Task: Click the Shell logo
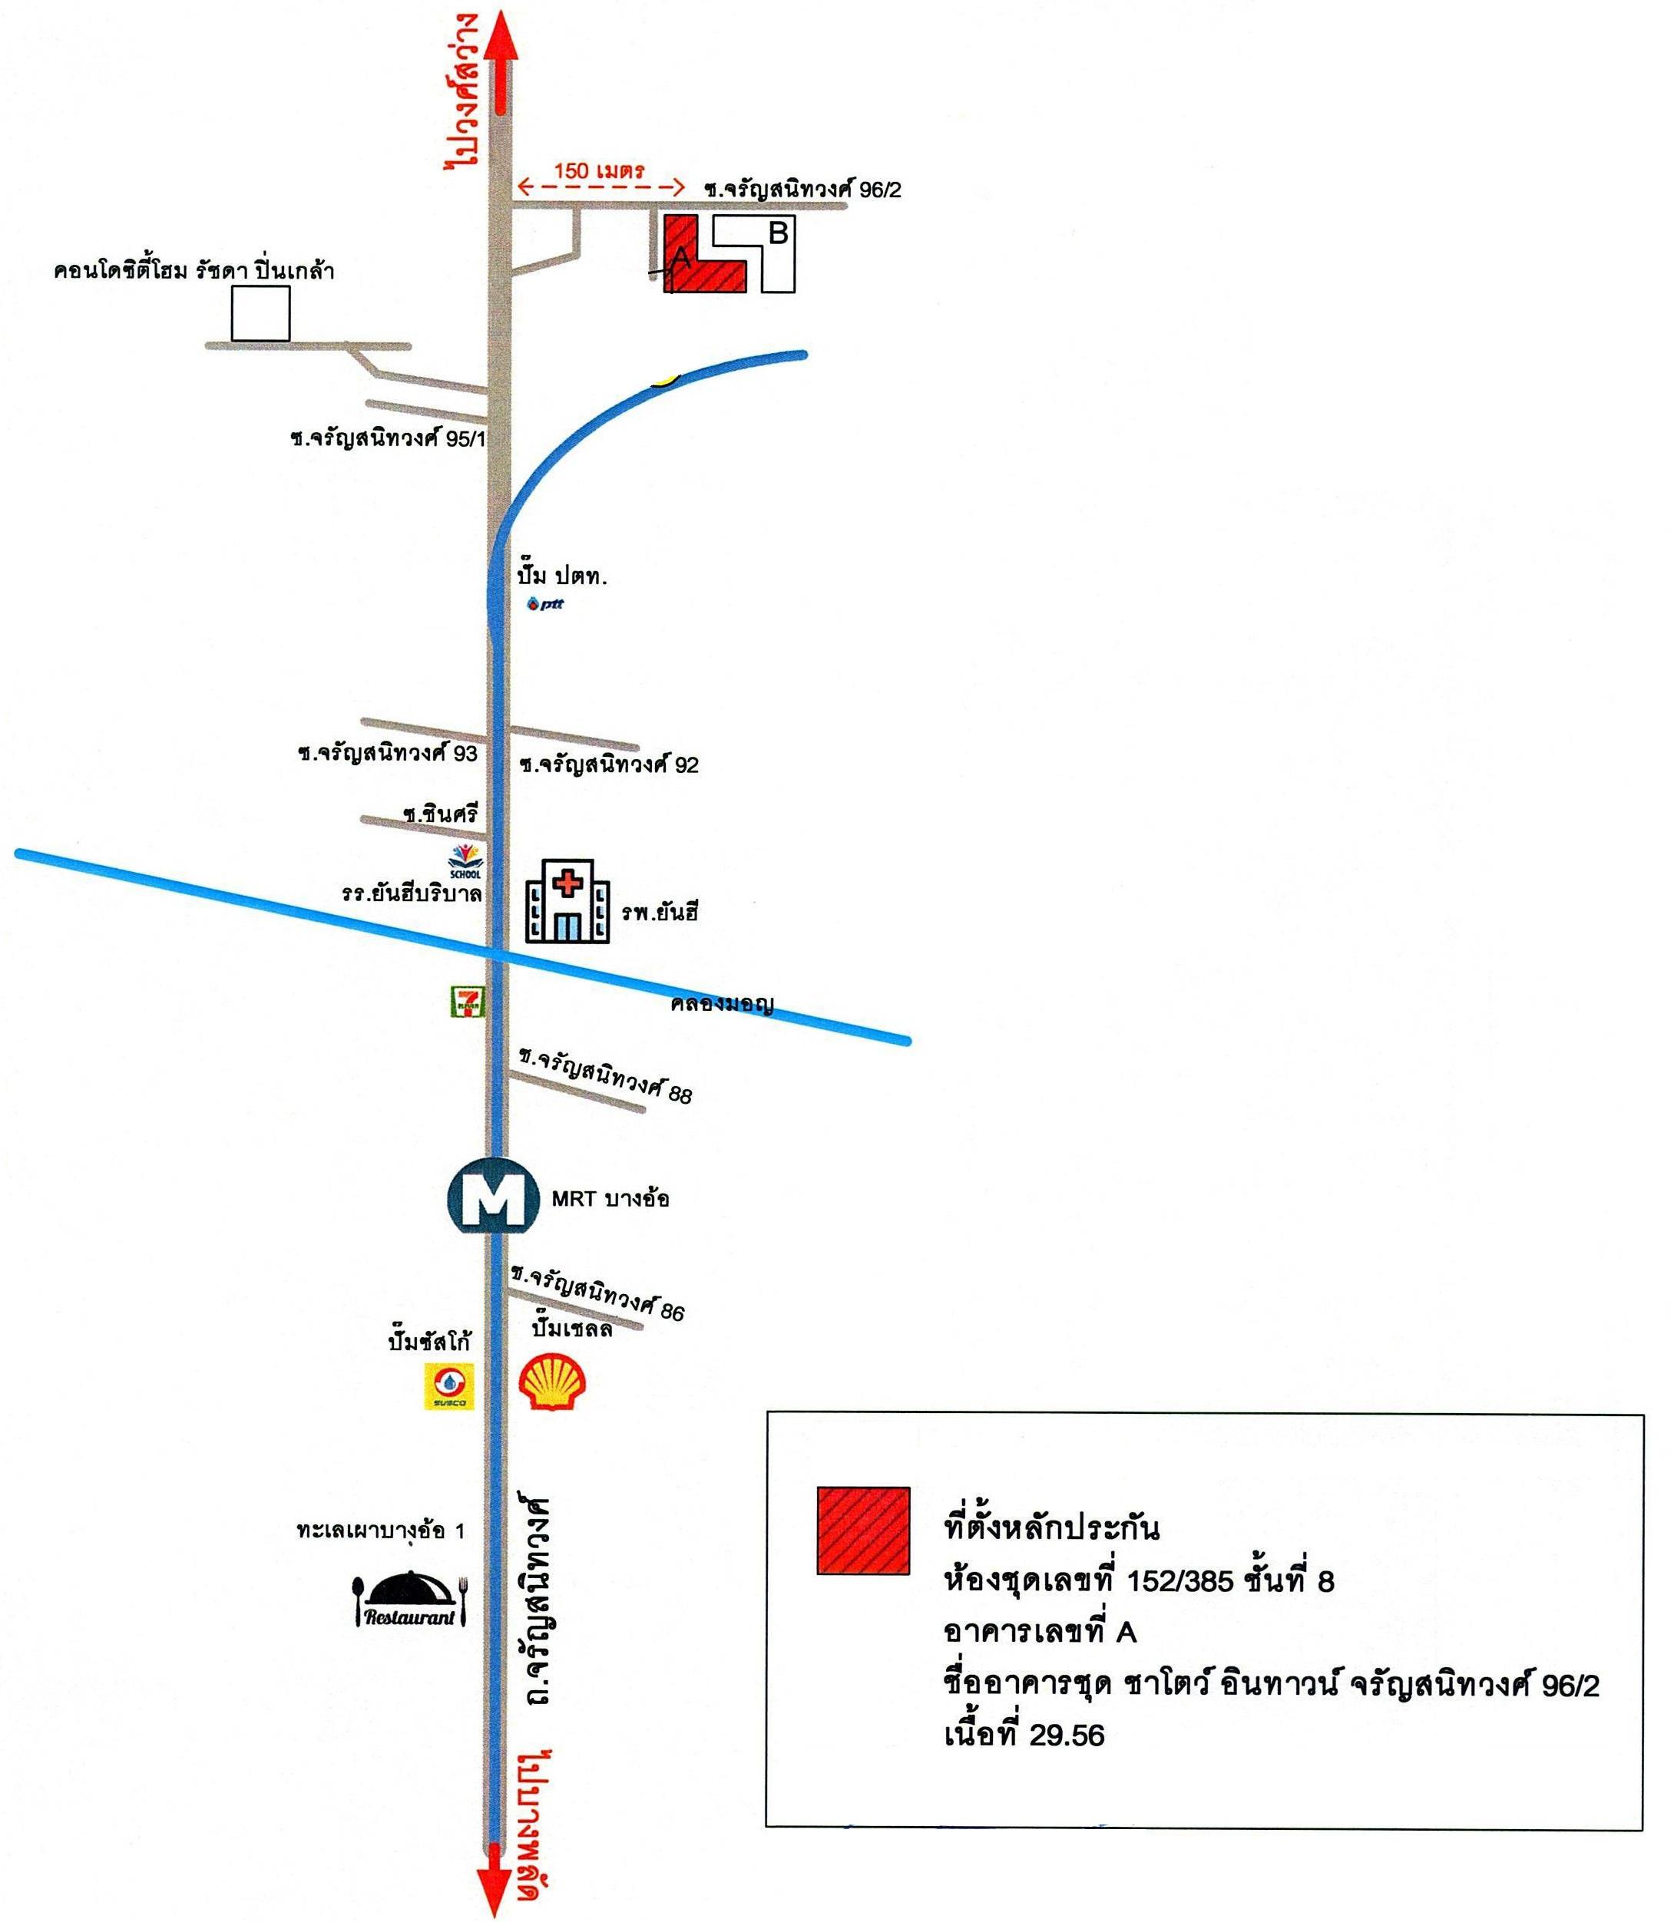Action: (553, 1382)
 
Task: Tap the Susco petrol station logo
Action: (450, 1386)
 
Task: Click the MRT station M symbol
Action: (493, 1198)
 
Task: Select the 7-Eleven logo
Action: (468, 1000)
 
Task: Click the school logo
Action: (465, 860)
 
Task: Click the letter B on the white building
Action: (778, 233)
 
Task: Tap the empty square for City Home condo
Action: (260, 314)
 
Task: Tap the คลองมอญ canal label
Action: (722, 1005)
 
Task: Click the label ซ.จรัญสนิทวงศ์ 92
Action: (609, 765)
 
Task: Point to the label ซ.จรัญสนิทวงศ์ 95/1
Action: (388, 439)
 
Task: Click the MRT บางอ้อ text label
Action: (610, 1198)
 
